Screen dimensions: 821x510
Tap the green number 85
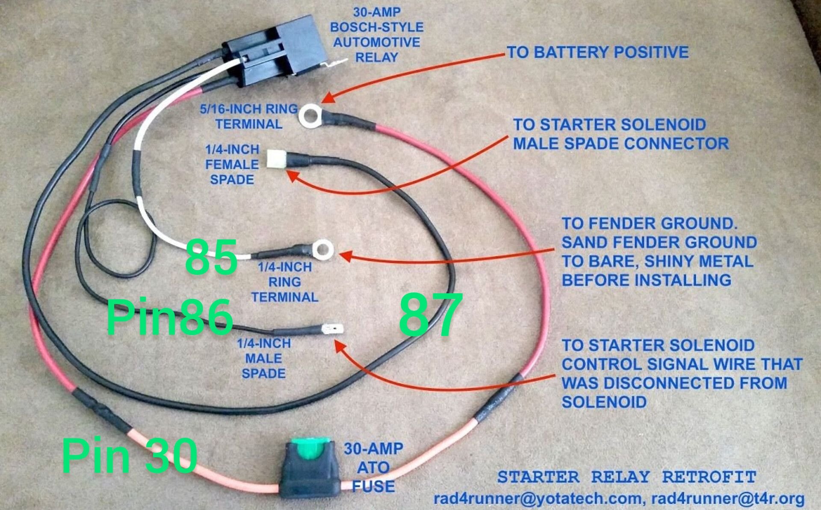(x=211, y=256)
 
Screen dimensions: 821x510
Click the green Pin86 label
(x=170, y=317)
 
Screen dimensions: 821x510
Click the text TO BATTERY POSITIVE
(x=598, y=52)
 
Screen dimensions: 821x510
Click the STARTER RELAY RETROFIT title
(x=627, y=477)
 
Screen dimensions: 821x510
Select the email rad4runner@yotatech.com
(x=537, y=498)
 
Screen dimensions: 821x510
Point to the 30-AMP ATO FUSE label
(x=373, y=467)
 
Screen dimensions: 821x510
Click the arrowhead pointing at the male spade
(x=340, y=347)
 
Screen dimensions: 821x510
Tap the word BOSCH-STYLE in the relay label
(x=377, y=27)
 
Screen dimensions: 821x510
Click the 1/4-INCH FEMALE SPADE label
(x=232, y=165)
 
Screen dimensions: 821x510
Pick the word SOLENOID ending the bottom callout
(x=604, y=402)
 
